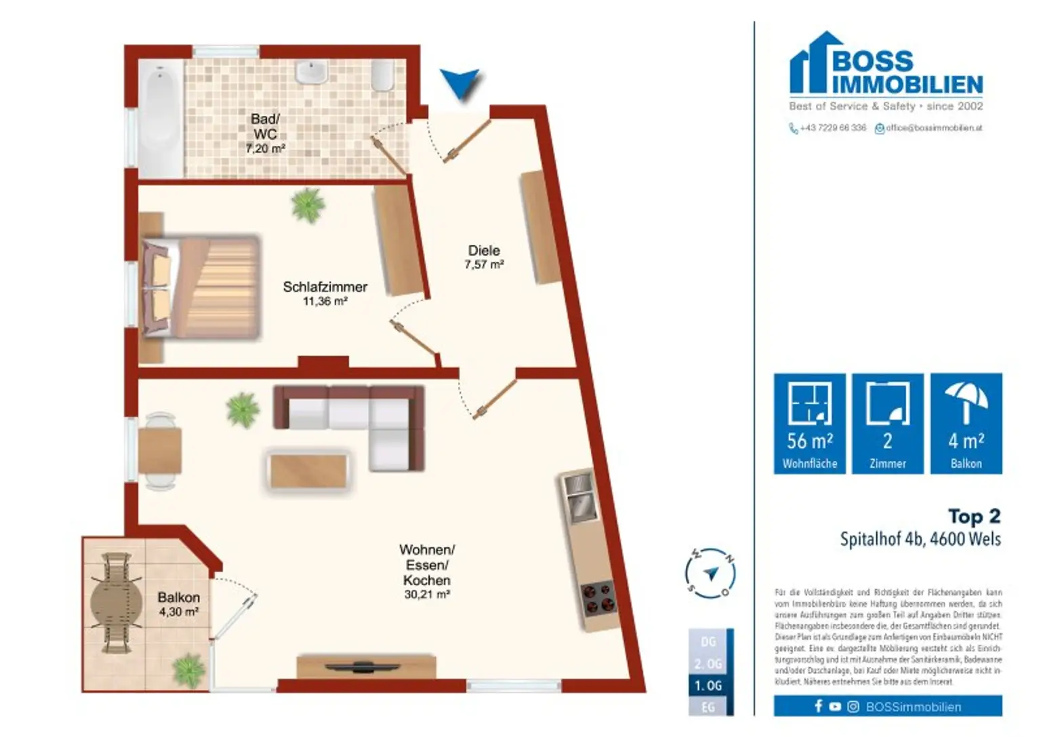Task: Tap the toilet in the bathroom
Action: coord(383,75)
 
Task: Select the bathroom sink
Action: coord(312,72)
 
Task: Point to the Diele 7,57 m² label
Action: coord(483,257)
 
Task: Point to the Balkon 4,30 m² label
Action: coord(178,603)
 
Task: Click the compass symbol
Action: coord(710,574)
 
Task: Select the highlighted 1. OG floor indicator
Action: coord(708,685)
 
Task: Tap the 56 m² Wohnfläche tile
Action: coord(809,423)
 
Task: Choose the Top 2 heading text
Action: coord(973,516)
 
